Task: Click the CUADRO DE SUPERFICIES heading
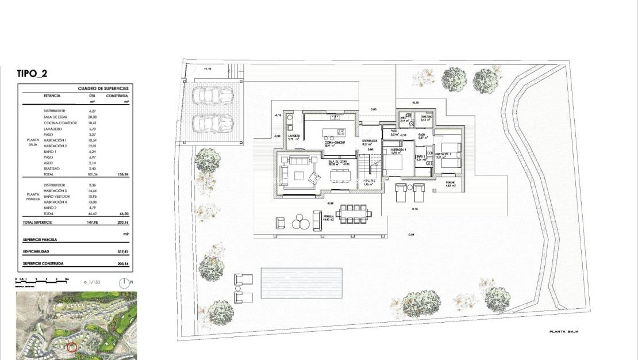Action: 103,89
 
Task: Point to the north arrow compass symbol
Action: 124,282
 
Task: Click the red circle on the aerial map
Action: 72,347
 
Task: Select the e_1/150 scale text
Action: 92,282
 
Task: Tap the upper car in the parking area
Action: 212,95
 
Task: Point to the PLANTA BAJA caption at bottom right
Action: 563,332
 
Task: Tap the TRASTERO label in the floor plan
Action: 426,117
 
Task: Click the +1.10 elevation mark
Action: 208,68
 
